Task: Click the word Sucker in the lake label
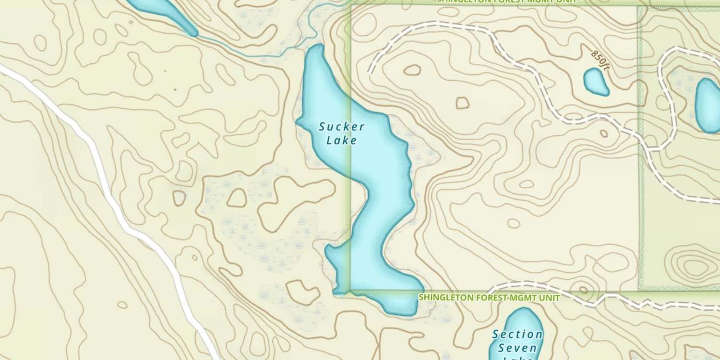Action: (x=342, y=127)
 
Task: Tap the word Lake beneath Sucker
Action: (x=342, y=141)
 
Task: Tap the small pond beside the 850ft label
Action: (x=596, y=81)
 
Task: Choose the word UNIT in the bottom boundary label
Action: (x=550, y=298)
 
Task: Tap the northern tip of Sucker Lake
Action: (x=317, y=48)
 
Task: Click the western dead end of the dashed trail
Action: (x=370, y=72)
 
